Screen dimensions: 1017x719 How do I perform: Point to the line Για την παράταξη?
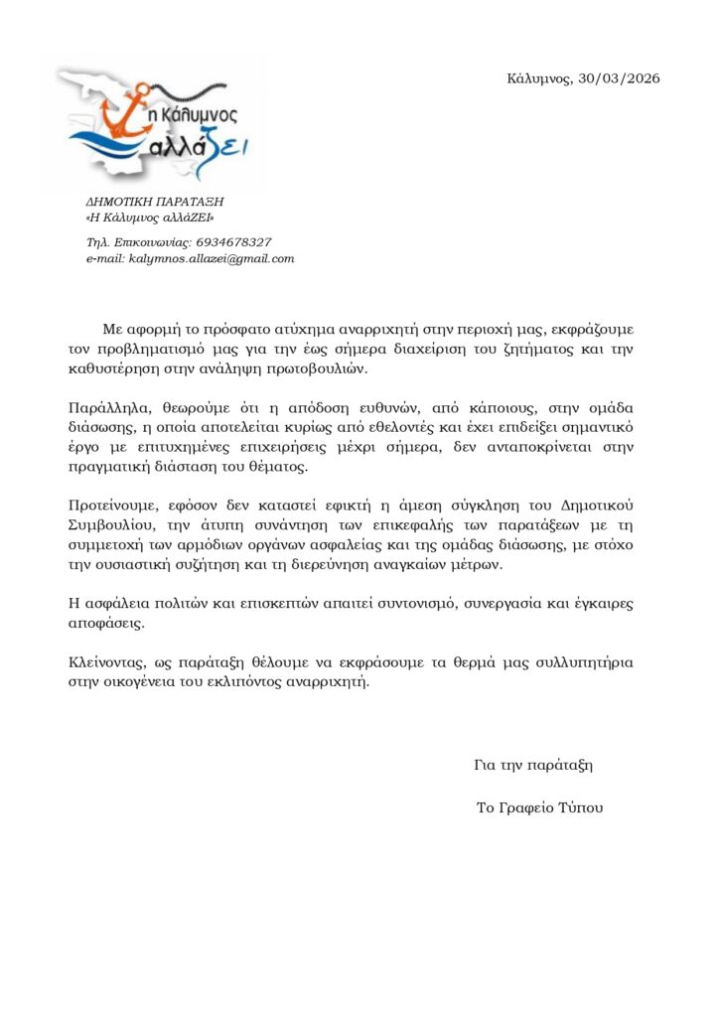pyautogui.click(x=533, y=765)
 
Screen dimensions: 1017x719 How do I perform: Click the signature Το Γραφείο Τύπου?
pyautogui.click(x=539, y=807)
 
